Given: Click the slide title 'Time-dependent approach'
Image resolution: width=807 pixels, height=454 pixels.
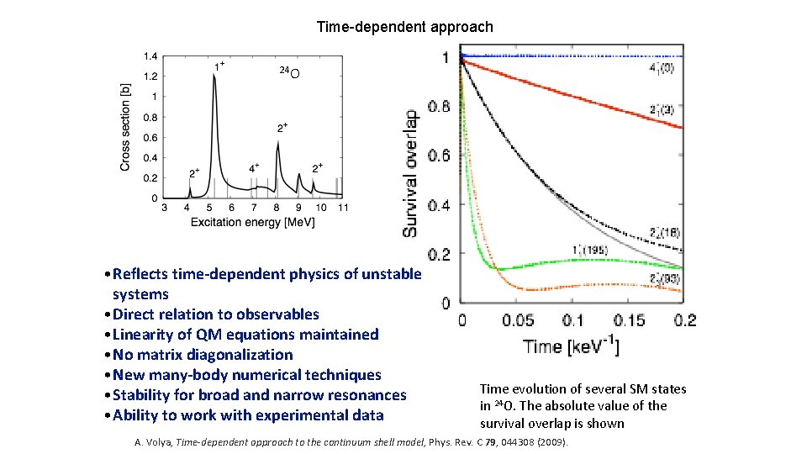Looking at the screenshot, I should tap(404, 27).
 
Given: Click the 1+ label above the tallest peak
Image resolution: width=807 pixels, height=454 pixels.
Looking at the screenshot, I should tap(218, 64).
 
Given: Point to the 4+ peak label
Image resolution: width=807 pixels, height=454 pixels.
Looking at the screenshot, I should tap(254, 167).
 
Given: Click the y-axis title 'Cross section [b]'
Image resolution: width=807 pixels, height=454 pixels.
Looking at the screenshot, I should tap(125, 127).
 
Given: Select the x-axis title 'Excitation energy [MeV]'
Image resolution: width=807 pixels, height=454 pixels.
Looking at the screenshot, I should tap(253, 222).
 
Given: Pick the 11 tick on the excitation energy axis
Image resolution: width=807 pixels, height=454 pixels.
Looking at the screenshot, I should tap(341, 208).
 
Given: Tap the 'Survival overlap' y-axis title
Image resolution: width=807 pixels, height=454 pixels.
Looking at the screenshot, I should tap(411, 173).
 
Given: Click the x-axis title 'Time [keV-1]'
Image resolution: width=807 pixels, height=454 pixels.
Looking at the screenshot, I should tap(571, 346).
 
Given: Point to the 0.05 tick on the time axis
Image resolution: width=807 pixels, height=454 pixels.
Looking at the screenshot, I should tap(517, 320).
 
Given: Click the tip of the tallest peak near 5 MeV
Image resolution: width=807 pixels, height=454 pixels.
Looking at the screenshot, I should tap(214, 74).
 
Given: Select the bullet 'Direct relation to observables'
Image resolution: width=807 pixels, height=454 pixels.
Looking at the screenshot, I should tap(215, 314).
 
